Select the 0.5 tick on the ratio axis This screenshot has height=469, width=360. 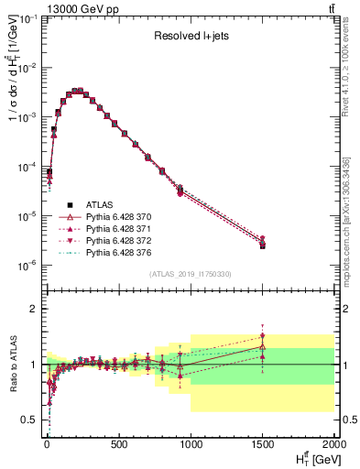(29, 420)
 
